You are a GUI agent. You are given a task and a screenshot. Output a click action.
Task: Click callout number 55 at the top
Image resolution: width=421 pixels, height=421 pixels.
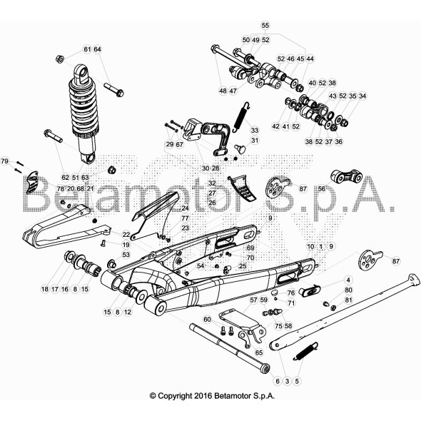265,26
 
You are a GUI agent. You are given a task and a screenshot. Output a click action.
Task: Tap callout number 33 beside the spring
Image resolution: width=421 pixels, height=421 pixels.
255,130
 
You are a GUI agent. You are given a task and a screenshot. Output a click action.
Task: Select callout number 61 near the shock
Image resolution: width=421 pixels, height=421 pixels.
87,49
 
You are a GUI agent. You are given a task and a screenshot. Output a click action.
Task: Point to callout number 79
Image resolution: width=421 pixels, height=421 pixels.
5,161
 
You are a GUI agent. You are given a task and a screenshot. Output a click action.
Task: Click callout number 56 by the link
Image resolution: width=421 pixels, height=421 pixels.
321,189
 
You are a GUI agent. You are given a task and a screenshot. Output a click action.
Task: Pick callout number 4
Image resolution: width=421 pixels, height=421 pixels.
348,280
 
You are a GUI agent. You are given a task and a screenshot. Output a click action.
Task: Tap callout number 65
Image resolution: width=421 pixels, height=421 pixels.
259,352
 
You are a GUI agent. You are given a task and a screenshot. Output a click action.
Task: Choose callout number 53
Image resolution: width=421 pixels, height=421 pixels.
126,255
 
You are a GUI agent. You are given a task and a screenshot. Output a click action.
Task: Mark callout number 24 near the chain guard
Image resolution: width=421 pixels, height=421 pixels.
186,208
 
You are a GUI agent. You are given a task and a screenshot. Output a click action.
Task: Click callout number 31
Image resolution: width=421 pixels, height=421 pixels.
255,140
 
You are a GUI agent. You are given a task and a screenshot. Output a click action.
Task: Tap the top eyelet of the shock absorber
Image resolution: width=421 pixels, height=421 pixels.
81,73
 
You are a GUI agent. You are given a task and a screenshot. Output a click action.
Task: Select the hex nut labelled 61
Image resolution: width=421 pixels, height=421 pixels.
60,59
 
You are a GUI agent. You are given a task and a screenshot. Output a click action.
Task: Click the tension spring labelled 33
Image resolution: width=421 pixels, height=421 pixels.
241,117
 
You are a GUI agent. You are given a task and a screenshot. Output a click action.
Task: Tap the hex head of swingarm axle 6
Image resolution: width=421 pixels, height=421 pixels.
265,368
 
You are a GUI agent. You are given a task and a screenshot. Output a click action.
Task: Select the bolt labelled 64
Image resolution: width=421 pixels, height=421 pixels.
113,90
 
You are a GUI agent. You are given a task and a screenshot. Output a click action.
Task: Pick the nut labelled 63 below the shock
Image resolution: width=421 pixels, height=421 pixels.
111,170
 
